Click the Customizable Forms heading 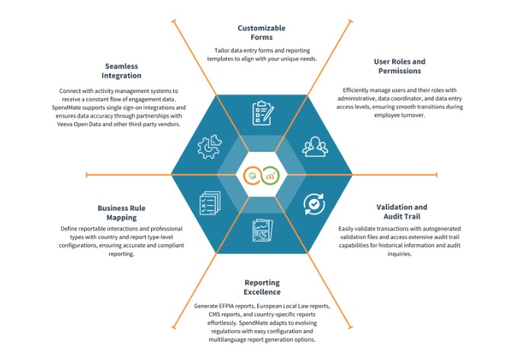(x=262, y=33)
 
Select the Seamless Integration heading (x=121, y=71)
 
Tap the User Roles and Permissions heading (x=399, y=66)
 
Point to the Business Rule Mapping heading (x=121, y=213)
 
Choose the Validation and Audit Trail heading (x=401, y=211)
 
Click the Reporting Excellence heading (x=262, y=287)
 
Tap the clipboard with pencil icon (x=262, y=113)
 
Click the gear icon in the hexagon (x=210, y=146)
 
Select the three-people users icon (x=315, y=146)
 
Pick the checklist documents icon (x=210, y=204)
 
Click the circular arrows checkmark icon (x=314, y=204)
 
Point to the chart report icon (x=262, y=230)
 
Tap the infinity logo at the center (x=262, y=175)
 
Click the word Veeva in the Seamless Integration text (x=65, y=124)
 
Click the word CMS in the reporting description (x=214, y=314)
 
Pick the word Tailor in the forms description (x=222, y=50)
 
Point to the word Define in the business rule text (x=69, y=229)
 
